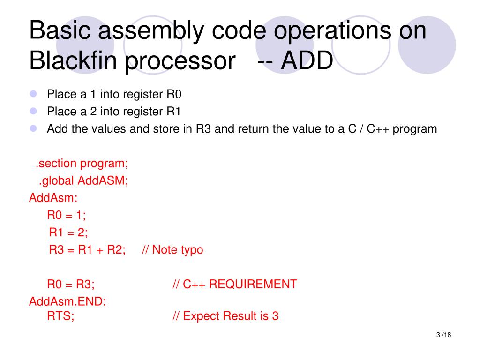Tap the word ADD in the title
pyautogui.click(x=307, y=61)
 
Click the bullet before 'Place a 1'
pyautogui.click(x=33, y=94)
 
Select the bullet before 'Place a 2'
pyautogui.click(x=33, y=111)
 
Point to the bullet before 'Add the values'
pyautogui.click(x=33, y=128)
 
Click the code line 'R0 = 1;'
pyautogui.click(x=67, y=215)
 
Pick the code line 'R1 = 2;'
pyautogui.click(x=68, y=232)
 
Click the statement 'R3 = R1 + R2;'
pyautogui.click(x=87, y=249)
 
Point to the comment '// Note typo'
pyautogui.click(x=172, y=249)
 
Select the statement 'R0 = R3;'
pyautogui.click(x=71, y=284)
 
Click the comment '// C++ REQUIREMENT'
pyautogui.click(x=234, y=284)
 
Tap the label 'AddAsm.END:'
pyautogui.click(x=67, y=301)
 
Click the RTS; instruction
pyautogui.click(x=60, y=316)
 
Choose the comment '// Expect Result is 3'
pyautogui.click(x=225, y=316)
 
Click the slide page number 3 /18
pyautogui.click(x=443, y=335)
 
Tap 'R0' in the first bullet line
pyautogui.click(x=173, y=94)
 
